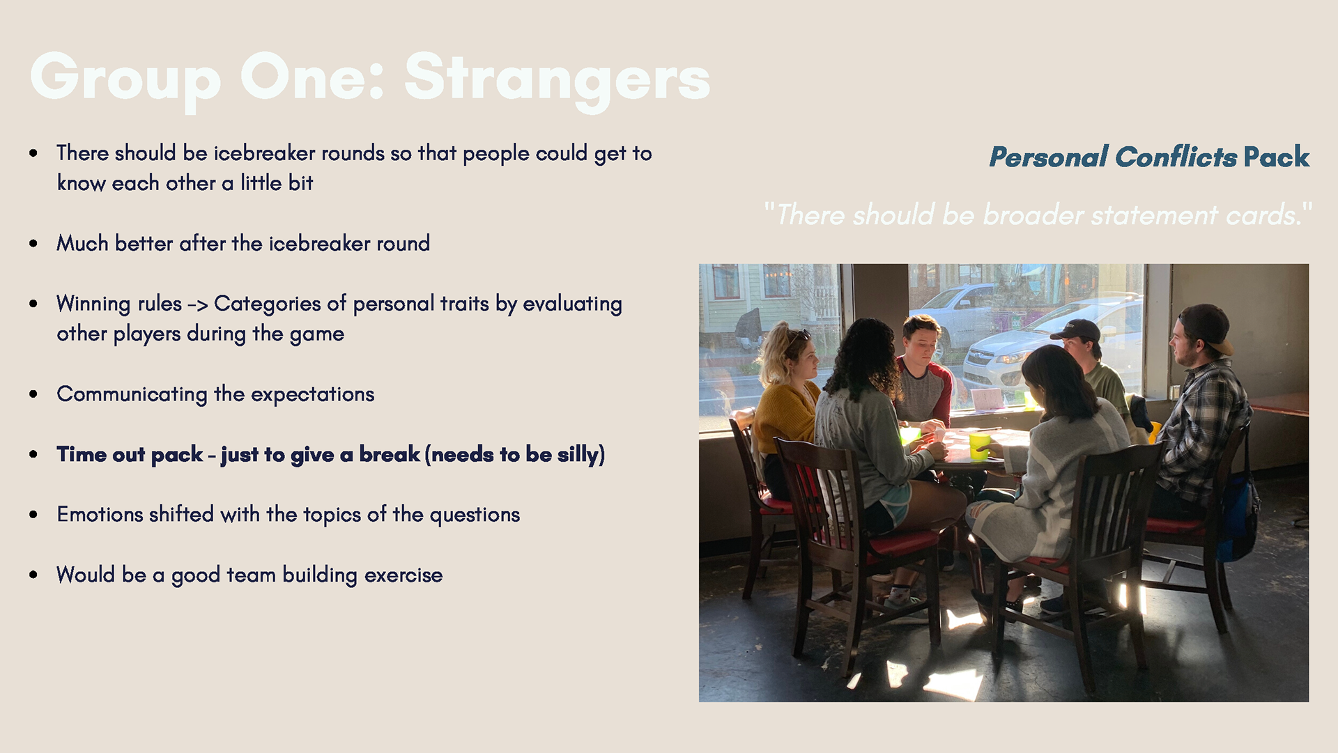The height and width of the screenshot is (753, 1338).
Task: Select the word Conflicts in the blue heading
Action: coord(1176,157)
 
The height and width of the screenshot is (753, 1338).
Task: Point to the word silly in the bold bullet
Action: coord(578,455)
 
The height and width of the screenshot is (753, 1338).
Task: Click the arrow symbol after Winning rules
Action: coord(198,304)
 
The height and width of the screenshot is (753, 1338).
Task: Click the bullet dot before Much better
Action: coord(33,244)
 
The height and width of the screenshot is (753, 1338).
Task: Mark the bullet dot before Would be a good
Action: coord(33,575)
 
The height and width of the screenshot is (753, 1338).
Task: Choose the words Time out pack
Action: coord(130,455)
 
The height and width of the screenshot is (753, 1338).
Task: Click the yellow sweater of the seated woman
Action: coord(785,419)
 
